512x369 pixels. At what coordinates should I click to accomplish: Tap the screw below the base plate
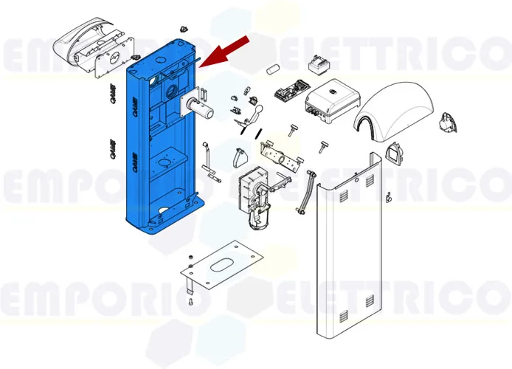[190, 300]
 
